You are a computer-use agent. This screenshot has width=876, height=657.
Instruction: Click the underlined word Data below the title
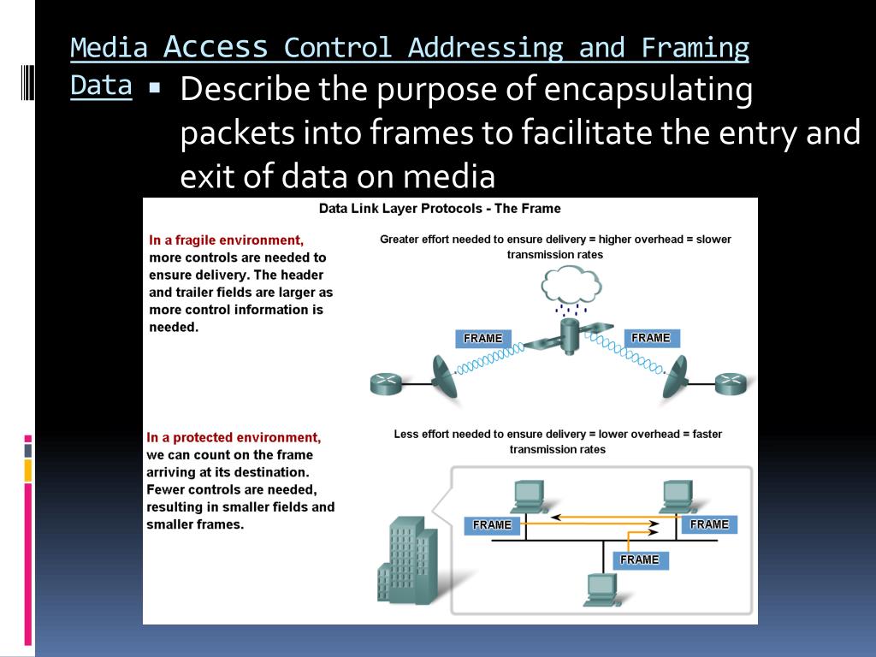point(101,86)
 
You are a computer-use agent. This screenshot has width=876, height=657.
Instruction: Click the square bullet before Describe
point(155,88)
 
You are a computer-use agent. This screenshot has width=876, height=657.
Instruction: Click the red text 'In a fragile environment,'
point(226,240)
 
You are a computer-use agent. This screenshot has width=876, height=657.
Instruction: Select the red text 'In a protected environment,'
point(234,437)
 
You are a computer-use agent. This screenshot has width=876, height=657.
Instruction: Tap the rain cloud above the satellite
point(571,284)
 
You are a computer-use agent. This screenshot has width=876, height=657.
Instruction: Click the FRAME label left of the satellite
point(483,339)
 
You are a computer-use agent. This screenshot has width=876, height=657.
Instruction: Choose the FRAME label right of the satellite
point(651,338)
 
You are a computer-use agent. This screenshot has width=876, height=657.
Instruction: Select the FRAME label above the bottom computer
point(640,559)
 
